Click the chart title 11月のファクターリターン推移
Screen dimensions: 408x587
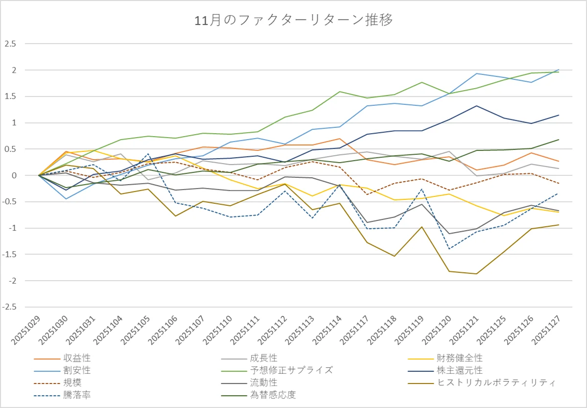click(x=293, y=21)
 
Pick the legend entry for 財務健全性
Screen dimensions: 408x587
click(x=459, y=359)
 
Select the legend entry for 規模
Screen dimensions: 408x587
click(x=72, y=382)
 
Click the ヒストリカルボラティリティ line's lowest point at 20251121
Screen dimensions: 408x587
click(x=476, y=274)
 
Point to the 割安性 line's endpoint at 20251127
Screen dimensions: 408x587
click(x=559, y=70)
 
